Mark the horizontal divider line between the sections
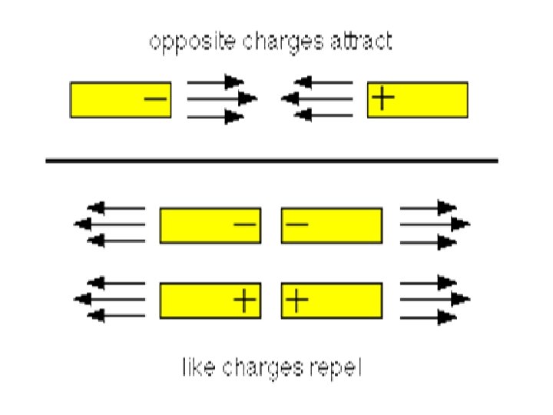(272, 161)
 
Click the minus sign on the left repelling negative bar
(244, 224)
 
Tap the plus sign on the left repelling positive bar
(244, 300)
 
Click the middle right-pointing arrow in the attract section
(222, 99)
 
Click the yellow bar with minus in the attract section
(121, 100)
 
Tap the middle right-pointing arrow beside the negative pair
(435, 224)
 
